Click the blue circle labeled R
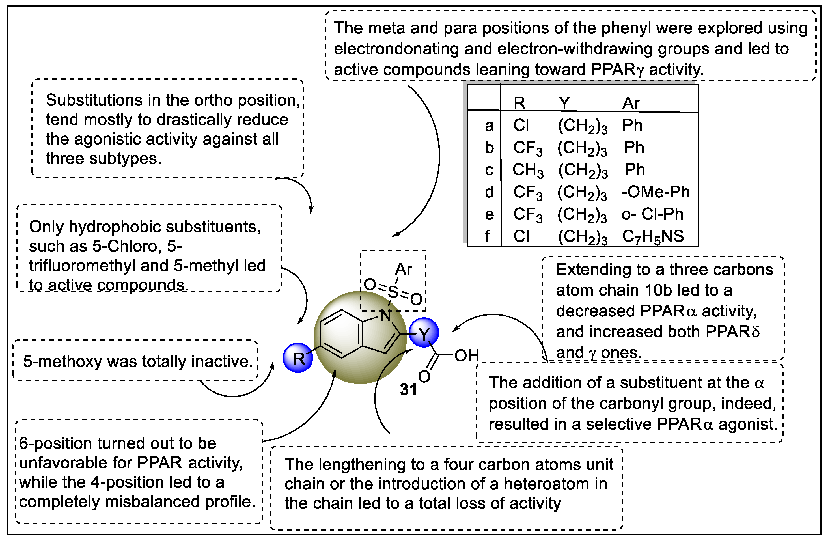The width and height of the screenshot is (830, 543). tap(297, 358)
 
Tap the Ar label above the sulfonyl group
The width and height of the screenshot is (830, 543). tap(404, 269)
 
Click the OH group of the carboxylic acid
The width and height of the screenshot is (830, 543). tap(467, 356)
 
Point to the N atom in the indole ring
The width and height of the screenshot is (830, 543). tap(386, 316)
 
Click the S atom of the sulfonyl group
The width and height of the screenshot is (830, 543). tap(393, 292)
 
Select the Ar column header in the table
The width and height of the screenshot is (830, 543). tap(631, 103)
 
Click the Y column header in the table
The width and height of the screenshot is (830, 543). tap(564, 103)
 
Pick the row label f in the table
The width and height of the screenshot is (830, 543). tap(488, 236)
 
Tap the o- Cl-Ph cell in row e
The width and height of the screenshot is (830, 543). tap(652, 214)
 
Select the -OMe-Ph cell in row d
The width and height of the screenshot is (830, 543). tap(655, 192)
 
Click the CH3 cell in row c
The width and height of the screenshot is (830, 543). tap(528, 170)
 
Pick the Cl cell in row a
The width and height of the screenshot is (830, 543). tap(521, 125)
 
